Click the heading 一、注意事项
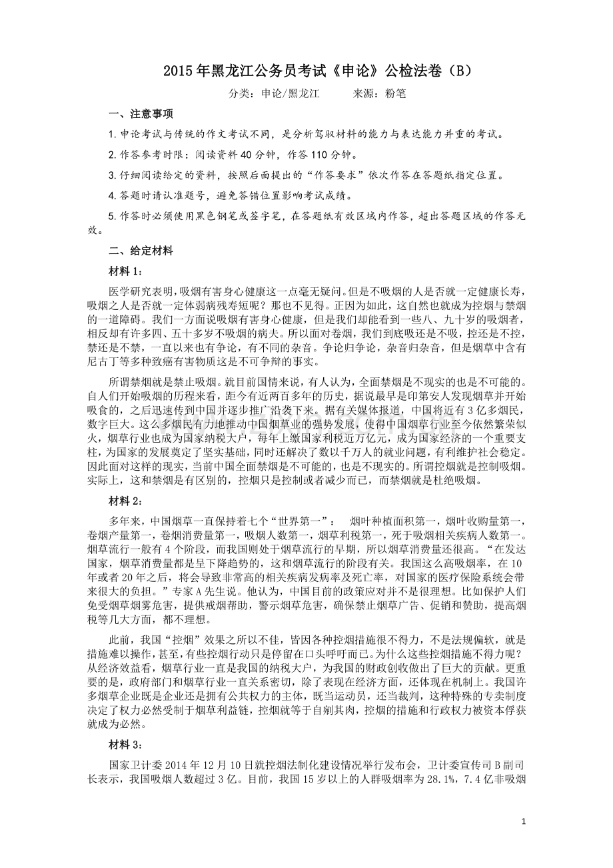point(141,114)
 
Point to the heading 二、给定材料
point(141,251)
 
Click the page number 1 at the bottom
point(524,821)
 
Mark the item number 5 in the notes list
point(112,217)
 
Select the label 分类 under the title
point(239,94)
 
